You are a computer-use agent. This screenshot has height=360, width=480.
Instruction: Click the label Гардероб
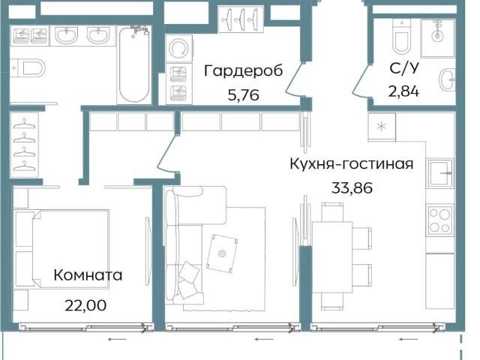pos(243,71)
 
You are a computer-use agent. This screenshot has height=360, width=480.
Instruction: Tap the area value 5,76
pos(243,95)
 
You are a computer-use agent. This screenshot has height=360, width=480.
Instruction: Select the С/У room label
pos(404,68)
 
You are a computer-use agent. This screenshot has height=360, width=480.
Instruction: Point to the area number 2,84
pos(403,91)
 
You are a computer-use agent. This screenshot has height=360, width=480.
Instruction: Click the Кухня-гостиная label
pos(352,163)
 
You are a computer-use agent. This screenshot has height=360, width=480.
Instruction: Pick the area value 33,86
pos(352,187)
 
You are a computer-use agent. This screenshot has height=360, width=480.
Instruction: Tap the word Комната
pos(88,275)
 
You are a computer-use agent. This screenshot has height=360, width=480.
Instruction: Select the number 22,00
pos(85,305)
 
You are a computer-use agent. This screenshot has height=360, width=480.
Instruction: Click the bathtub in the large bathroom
pos(134,64)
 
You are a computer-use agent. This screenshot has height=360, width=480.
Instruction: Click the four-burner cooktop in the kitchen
pos(440,220)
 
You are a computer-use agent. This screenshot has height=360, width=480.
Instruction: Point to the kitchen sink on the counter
pos(441,173)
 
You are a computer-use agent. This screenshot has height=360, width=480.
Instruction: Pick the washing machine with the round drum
pos(179,49)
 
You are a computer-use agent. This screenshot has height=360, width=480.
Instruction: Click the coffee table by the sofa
pos(222,253)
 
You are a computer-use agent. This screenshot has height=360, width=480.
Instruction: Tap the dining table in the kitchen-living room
pos(332,257)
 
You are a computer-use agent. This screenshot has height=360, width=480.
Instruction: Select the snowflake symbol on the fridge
pos(382,127)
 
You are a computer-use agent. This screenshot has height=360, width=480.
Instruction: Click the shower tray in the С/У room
pos(438,38)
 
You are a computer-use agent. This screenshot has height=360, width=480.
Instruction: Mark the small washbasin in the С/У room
pos(447,79)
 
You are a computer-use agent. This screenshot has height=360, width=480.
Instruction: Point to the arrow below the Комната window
pos(117,339)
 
